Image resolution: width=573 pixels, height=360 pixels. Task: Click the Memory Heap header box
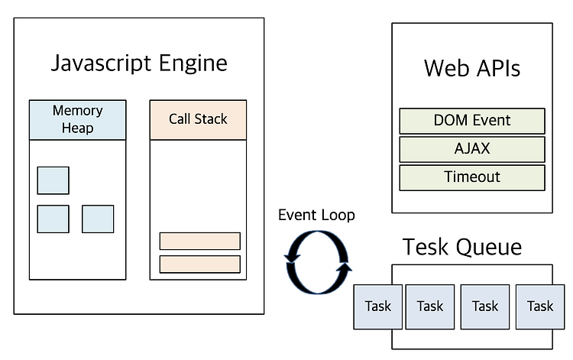[x=77, y=119]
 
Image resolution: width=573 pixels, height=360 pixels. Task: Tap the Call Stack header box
[x=198, y=119]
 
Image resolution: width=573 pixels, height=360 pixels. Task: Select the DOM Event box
[x=472, y=121]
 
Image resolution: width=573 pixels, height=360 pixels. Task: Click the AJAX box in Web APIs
[x=472, y=149]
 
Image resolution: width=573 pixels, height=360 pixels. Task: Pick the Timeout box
[x=472, y=177]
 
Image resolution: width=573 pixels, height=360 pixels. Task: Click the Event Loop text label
[x=316, y=215]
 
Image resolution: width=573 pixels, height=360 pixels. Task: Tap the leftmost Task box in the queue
[x=378, y=306]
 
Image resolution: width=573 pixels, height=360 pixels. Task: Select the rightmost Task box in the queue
[x=540, y=306]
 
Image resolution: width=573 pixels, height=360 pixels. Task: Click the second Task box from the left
[x=430, y=306]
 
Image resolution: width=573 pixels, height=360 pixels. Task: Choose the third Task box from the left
[x=485, y=306]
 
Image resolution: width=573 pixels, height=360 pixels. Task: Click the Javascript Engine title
[x=139, y=63]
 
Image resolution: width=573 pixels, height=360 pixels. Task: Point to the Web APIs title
[x=472, y=68]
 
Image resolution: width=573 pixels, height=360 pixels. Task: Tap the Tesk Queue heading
[x=462, y=247]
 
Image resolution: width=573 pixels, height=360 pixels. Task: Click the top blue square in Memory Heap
[x=53, y=180]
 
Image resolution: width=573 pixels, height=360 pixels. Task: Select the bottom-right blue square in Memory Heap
[x=98, y=219]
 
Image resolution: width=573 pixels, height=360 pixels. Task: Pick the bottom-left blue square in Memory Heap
[x=53, y=219]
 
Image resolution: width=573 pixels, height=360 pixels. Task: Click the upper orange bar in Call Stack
[x=200, y=242]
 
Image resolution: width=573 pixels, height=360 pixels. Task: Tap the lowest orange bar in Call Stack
[x=200, y=264]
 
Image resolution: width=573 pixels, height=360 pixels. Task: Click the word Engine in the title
[x=193, y=64]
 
